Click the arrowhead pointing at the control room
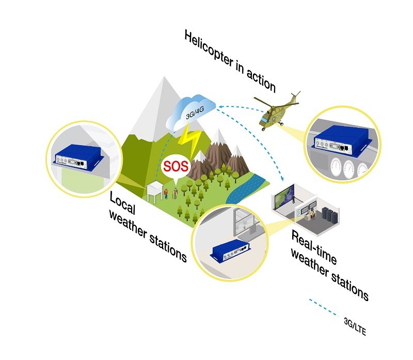click(283, 180)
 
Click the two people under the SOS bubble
click(171, 194)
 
